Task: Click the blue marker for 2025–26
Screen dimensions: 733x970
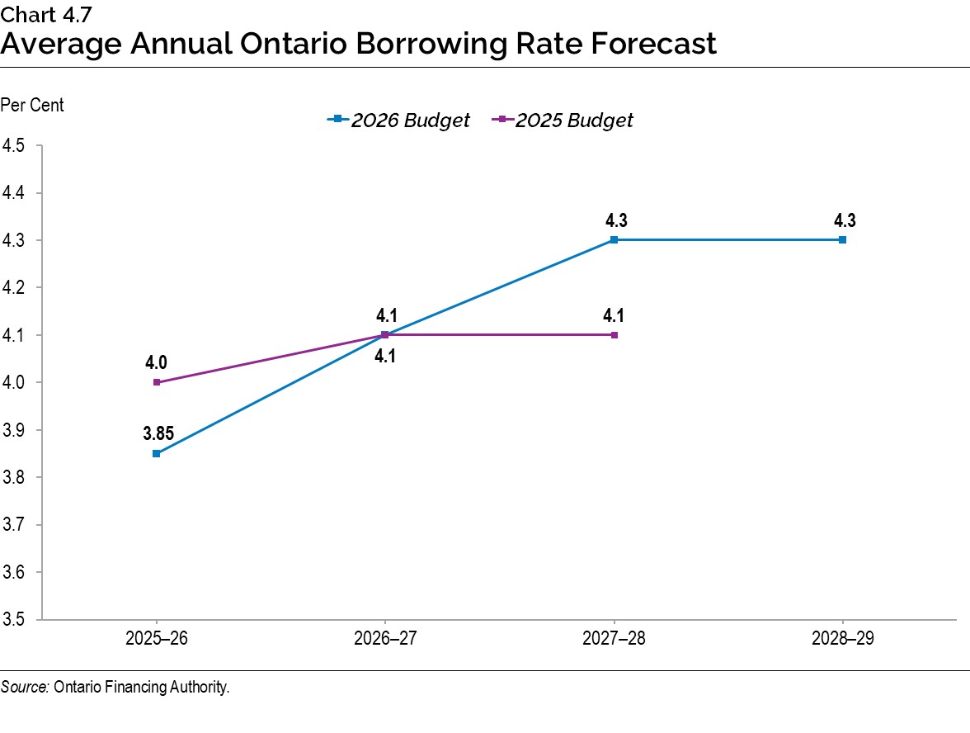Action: click(x=156, y=453)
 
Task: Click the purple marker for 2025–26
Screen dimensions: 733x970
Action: click(x=156, y=382)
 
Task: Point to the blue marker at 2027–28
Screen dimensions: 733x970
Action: click(x=614, y=240)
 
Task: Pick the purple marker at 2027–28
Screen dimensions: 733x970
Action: click(x=614, y=335)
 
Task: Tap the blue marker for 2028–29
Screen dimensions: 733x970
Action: click(x=842, y=240)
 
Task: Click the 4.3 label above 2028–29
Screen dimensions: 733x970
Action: click(x=842, y=220)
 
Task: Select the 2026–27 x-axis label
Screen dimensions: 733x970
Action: click(x=384, y=637)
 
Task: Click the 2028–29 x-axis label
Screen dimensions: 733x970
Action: click(x=842, y=637)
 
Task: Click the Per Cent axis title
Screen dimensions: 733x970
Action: click(x=32, y=105)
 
